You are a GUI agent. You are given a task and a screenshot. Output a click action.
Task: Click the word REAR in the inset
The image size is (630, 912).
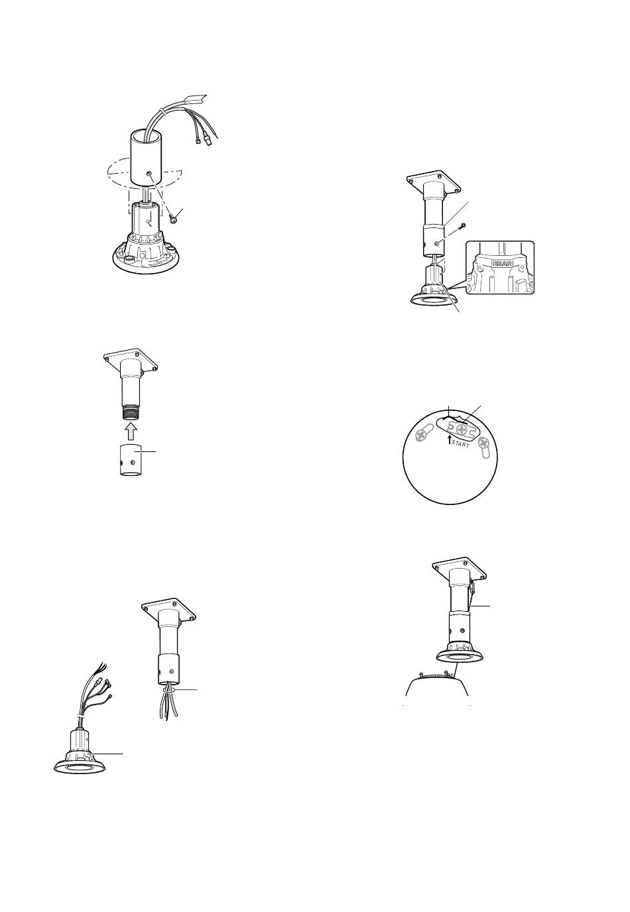502,263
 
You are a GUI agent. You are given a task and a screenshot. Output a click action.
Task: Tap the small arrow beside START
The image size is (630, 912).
449,439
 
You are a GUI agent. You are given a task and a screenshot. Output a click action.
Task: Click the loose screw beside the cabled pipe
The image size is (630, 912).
174,218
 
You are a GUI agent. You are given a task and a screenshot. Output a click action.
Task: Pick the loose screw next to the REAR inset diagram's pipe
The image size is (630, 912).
461,227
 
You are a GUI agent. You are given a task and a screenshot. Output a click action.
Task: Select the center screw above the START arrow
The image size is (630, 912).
462,429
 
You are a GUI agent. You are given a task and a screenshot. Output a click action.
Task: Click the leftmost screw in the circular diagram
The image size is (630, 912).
420,435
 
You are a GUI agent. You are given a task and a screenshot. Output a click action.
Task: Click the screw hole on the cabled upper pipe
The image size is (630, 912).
150,174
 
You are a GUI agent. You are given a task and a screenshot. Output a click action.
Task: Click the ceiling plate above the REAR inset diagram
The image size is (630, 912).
433,182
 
